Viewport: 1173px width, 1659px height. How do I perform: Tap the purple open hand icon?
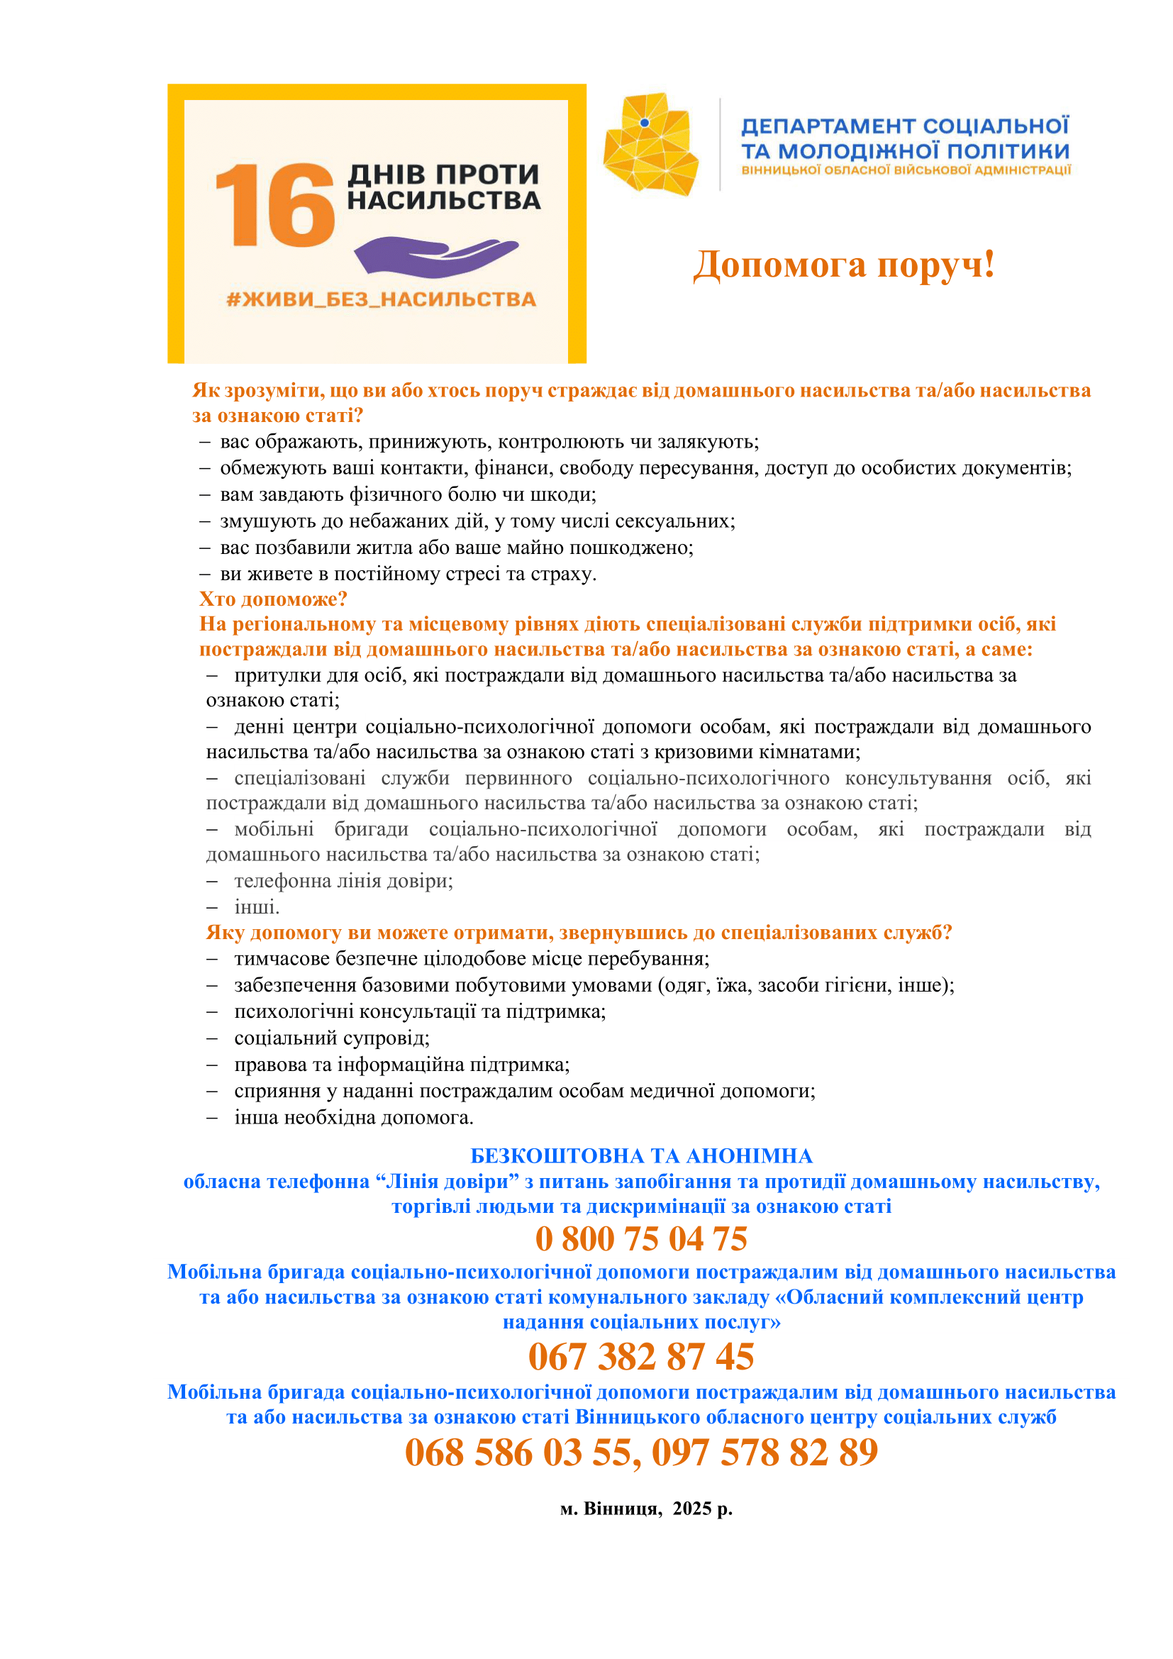(x=435, y=256)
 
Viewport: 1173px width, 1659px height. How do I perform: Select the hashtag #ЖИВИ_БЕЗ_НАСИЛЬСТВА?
(x=381, y=299)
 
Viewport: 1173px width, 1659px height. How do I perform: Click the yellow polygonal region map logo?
(x=651, y=145)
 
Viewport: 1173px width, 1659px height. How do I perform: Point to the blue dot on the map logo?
(x=644, y=123)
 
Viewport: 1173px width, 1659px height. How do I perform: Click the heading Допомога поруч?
(x=844, y=265)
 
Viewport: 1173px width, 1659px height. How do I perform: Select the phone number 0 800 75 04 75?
(x=640, y=1238)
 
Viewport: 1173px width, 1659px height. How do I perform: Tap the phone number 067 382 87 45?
(x=640, y=1356)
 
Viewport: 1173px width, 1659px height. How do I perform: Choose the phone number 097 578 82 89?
(x=765, y=1453)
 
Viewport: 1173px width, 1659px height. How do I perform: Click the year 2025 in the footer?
(x=692, y=1509)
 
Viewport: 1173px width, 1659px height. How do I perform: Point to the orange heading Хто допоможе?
(x=273, y=599)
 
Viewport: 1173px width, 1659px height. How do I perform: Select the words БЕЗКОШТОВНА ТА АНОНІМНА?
(x=640, y=1156)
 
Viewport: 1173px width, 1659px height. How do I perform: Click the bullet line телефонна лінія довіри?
(x=343, y=881)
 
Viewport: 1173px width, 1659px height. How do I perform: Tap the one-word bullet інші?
(x=257, y=907)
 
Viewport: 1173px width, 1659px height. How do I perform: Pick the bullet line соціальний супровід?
(x=331, y=1038)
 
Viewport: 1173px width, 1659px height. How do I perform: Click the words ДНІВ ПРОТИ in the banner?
(x=443, y=174)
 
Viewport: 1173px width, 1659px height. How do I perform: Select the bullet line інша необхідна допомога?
(x=353, y=1118)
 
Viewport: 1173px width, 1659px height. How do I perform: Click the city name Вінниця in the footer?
(x=622, y=1509)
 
